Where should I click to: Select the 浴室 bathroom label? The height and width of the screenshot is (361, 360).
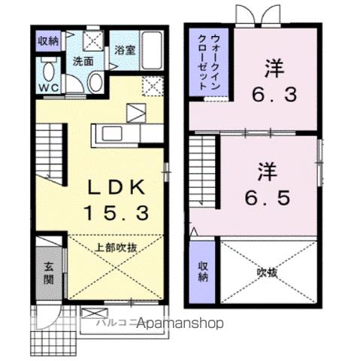[125, 51]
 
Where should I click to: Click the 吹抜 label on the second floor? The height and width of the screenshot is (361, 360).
[267, 272]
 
